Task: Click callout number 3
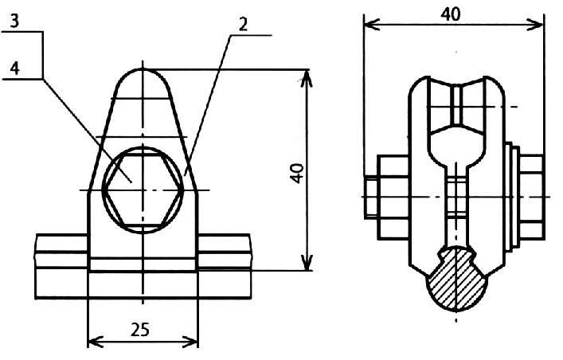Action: (14, 22)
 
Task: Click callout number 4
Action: (14, 68)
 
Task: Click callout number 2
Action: (243, 24)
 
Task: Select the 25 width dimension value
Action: (140, 329)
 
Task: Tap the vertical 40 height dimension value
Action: (298, 173)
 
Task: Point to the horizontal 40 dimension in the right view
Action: (451, 14)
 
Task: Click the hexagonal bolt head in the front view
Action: (143, 190)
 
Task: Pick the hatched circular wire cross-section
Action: (456, 279)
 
